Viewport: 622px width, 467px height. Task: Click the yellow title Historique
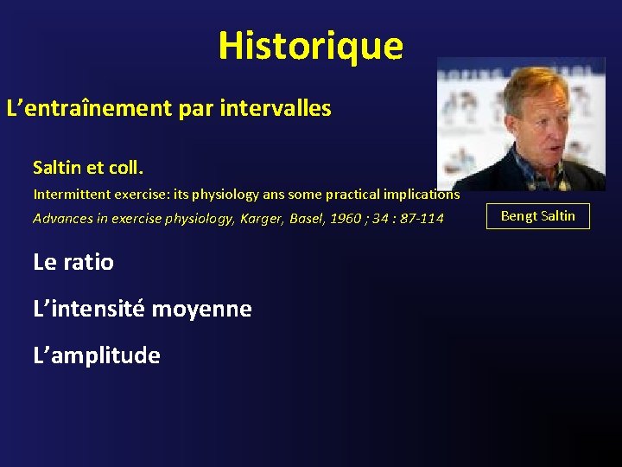(310, 46)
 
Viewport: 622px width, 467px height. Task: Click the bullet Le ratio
(73, 262)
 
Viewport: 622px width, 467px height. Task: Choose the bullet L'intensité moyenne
(143, 309)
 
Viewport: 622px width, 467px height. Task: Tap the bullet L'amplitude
(97, 355)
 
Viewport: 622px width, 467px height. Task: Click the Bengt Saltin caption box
(538, 216)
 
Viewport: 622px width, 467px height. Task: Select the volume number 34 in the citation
(381, 218)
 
